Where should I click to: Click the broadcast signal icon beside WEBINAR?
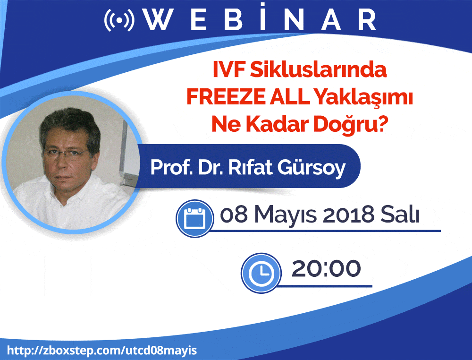pyautogui.click(x=119, y=20)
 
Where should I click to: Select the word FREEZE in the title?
pyautogui.click(x=226, y=97)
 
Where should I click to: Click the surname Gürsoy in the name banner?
pyautogui.click(x=311, y=168)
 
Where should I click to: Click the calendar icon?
pyautogui.click(x=195, y=218)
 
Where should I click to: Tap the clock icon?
pyautogui.click(x=261, y=273)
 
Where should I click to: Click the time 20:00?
pyautogui.click(x=326, y=269)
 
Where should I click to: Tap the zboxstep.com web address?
pyautogui.click(x=102, y=351)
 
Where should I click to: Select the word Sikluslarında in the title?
pyautogui.click(x=318, y=70)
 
